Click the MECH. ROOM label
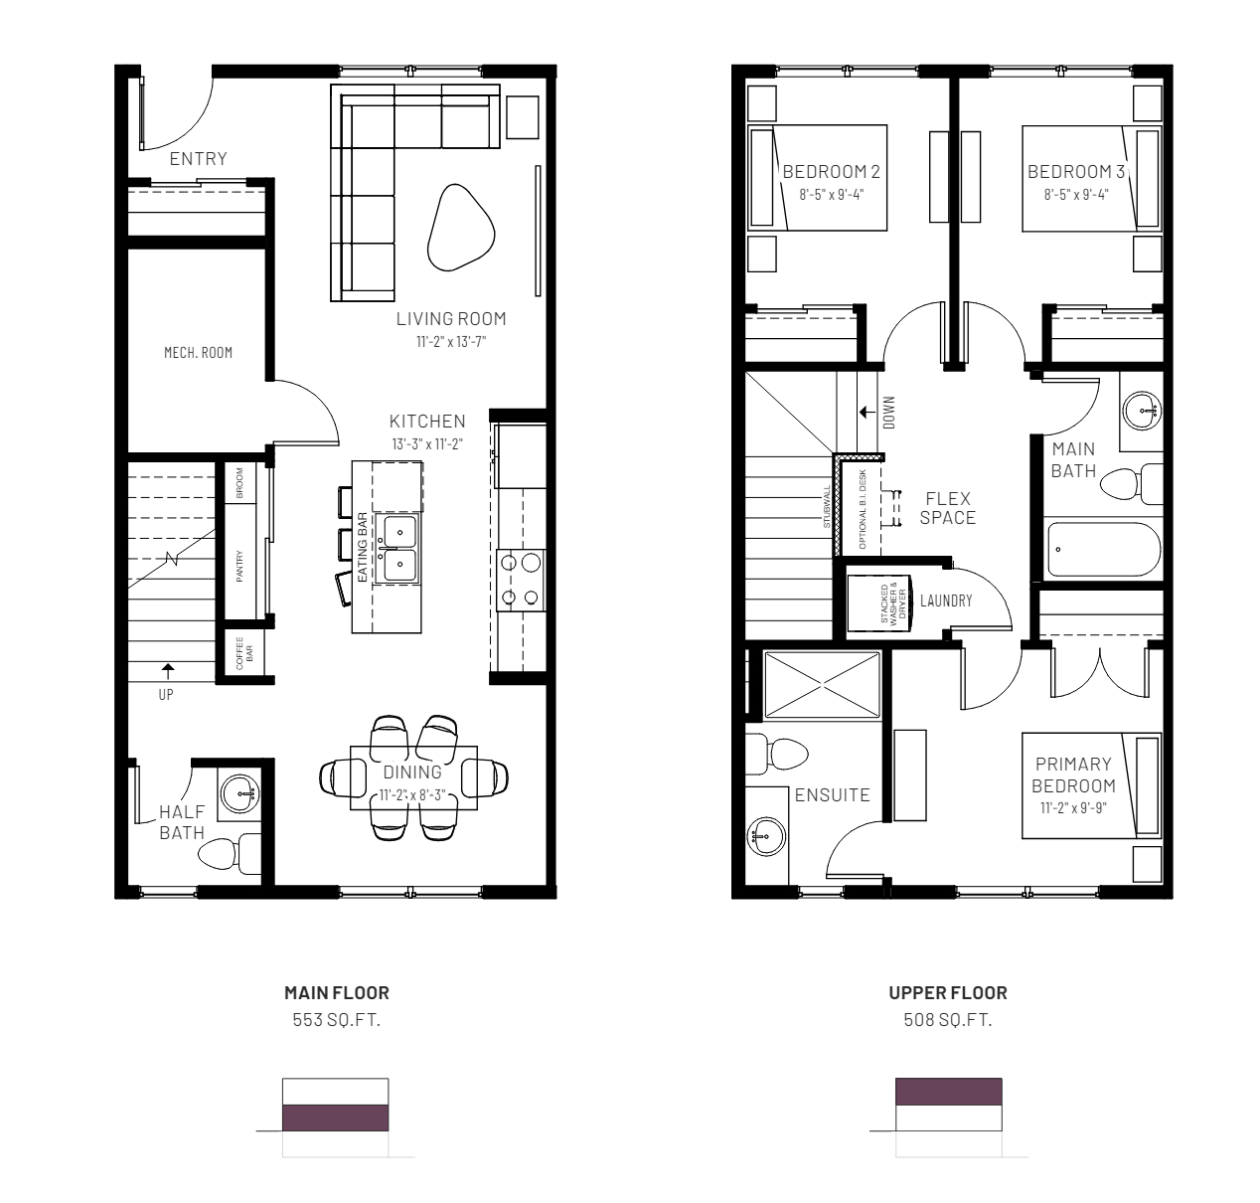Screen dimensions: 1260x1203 pyautogui.click(x=198, y=352)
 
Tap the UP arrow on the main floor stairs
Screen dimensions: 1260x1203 pyautogui.click(x=168, y=671)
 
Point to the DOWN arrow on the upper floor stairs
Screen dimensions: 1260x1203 pyautogui.click(x=867, y=412)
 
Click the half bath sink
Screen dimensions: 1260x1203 pyautogui.click(x=240, y=793)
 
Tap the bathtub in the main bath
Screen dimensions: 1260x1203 pyautogui.click(x=1104, y=550)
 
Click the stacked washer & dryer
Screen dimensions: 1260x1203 pyautogui.click(x=878, y=603)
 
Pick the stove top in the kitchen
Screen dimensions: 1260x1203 pyautogui.click(x=521, y=581)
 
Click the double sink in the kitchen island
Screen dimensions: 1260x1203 pyautogui.click(x=398, y=548)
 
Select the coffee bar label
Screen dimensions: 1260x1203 pyautogui.click(x=244, y=653)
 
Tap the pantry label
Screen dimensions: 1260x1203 pyautogui.click(x=239, y=567)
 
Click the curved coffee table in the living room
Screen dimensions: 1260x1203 pyautogui.click(x=461, y=228)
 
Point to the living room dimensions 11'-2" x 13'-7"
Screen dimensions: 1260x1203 pyautogui.click(x=451, y=342)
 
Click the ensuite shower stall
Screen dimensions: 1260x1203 pyautogui.click(x=822, y=684)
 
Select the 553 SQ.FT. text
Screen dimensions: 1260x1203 pyautogui.click(x=337, y=1020)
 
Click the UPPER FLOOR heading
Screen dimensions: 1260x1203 pyautogui.click(x=948, y=992)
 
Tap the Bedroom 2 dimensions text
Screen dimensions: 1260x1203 pyautogui.click(x=832, y=194)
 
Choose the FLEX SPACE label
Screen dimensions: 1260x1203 pyautogui.click(x=948, y=508)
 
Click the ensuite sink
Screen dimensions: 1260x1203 pyautogui.click(x=766, y=836)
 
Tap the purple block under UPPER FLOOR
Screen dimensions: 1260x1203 pyautogui.click(x=949, y=1092)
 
